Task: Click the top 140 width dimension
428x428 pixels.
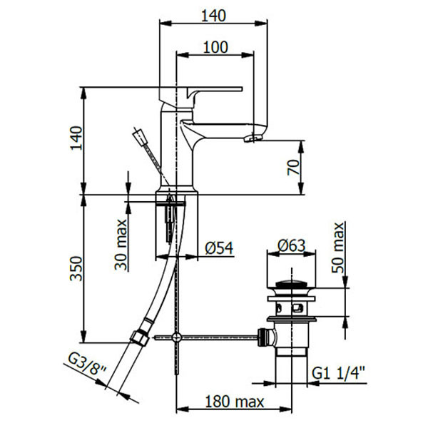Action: point(213,14)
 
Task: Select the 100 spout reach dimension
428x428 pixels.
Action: point(215,47)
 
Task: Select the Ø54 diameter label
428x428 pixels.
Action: point(219,248)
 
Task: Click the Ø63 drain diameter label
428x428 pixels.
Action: point(291,245)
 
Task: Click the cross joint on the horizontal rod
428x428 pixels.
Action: point(176,336)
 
